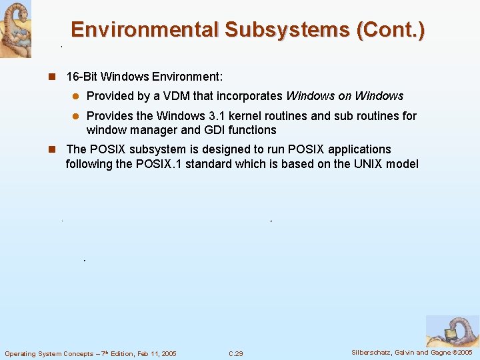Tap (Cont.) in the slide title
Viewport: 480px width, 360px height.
click(x=391, y=30)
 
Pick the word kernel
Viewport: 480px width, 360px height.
click(x=255, y=116)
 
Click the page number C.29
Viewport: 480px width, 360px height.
click(x=235, y=353)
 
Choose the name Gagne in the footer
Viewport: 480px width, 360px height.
click(x=445, y=353)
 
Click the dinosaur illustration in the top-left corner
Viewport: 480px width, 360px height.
click(x=15, y=29)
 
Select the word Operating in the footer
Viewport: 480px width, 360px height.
click(x=21, y=353)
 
